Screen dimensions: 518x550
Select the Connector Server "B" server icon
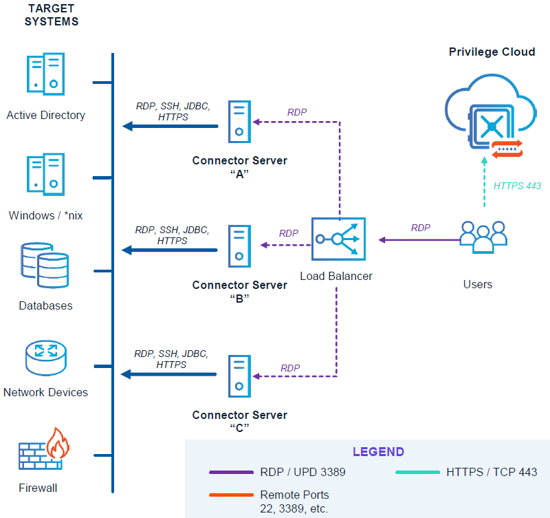(x=239, y=246)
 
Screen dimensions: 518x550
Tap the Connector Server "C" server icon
(x=239, y=376)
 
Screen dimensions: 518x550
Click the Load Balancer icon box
(x=338, y=239)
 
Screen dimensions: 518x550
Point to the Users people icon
(x=483, y=237)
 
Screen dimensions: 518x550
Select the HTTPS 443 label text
(x=517, y=185)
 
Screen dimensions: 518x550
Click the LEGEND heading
(x=378, y=452)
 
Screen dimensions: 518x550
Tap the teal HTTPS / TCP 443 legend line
(x=417, y=473)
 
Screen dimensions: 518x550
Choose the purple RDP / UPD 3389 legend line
(x=231, y=473)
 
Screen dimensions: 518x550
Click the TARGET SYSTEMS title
(x=52, y=14)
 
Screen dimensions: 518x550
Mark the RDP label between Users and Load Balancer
(x=421, y=228)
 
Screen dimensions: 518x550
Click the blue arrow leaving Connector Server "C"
(x=169, y=374)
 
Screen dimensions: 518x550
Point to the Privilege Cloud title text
(x=492, y=52)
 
